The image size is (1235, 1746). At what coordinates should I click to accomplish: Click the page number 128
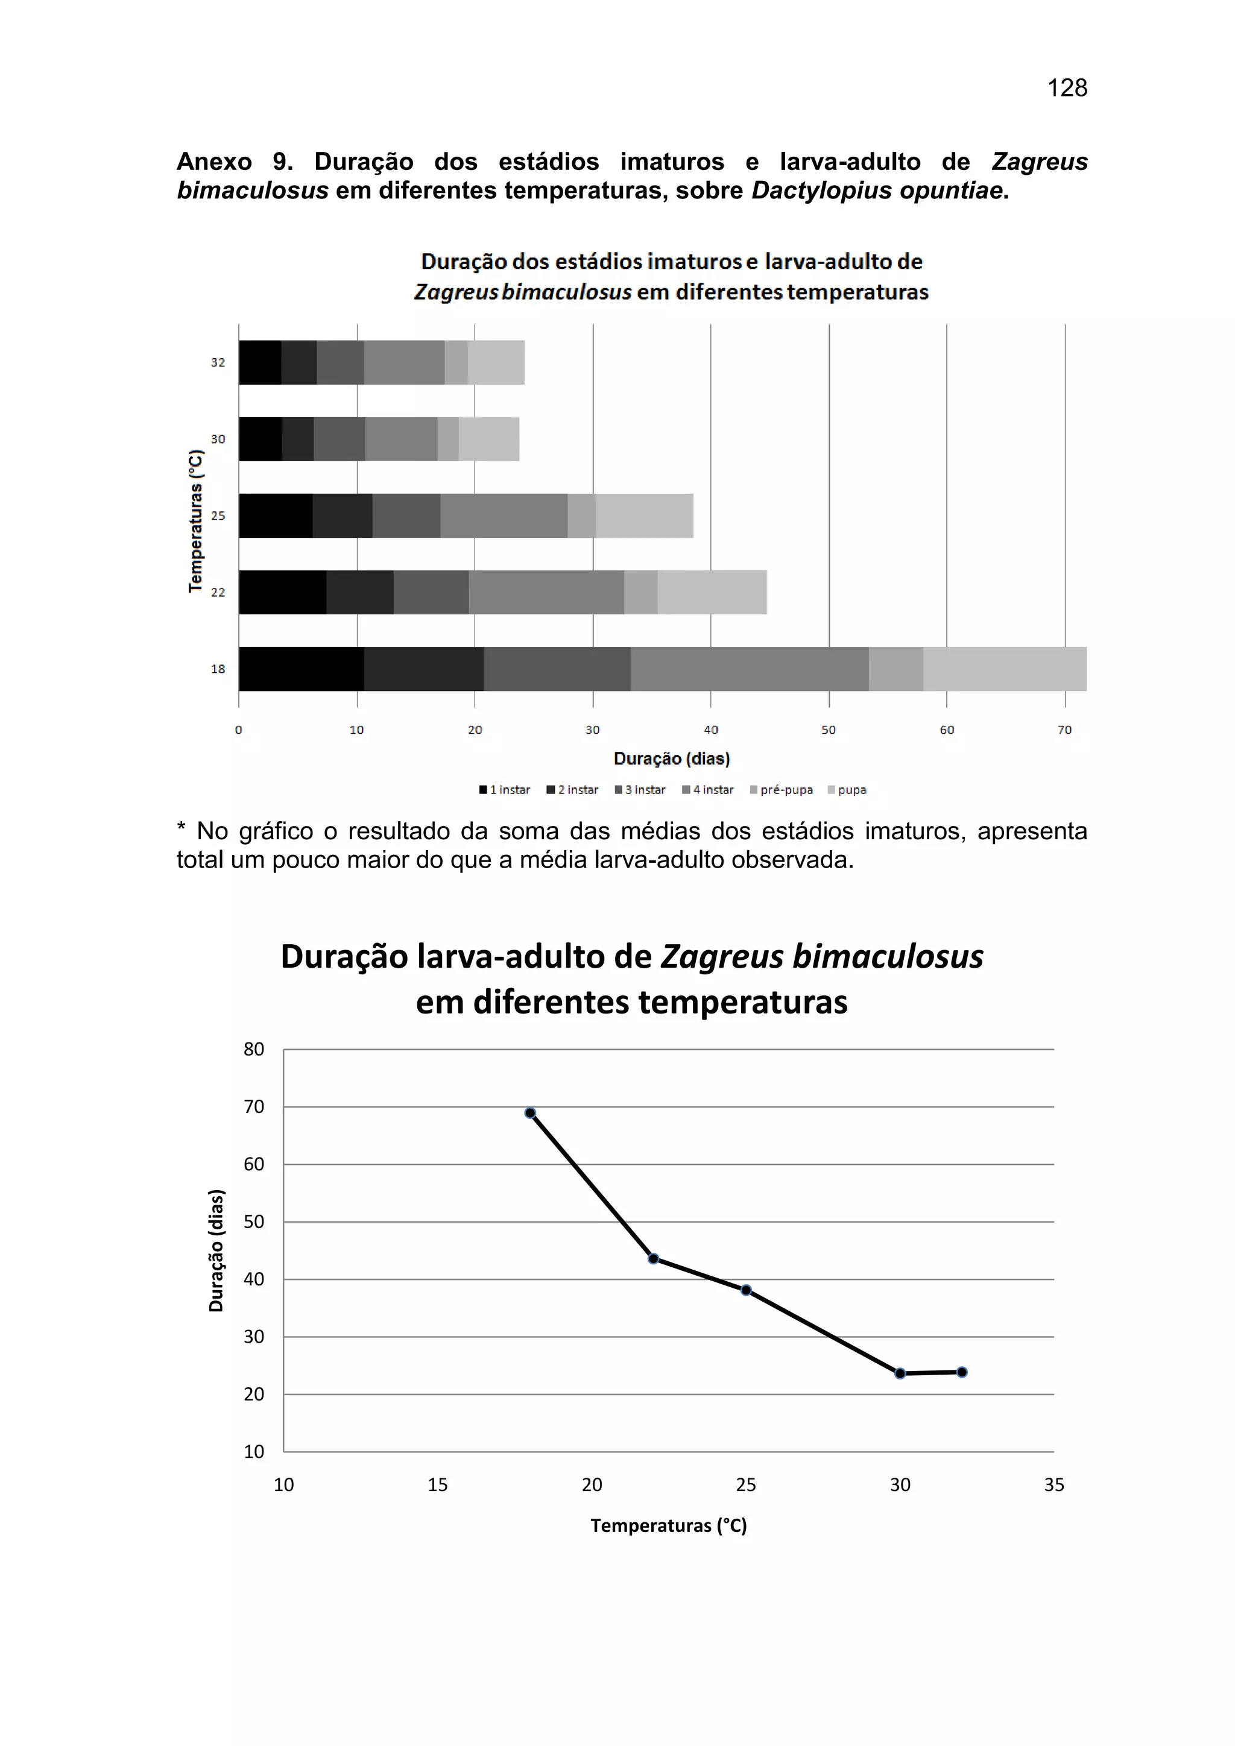(x=1067, y=88)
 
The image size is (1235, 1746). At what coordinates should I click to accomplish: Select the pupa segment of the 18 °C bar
(x=1004, y=669)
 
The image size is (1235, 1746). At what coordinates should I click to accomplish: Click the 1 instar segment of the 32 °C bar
(x=260, y=363)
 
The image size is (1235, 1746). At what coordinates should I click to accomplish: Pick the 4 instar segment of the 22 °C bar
(x=546, y=593)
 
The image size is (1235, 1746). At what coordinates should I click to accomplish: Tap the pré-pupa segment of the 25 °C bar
(x=582, y=515)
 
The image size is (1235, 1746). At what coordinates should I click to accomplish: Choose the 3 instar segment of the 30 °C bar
(x=339, y=439)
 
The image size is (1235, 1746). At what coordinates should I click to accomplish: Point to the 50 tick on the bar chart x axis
(x=828, y=730)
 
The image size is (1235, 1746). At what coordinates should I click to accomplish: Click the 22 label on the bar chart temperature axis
(x=218, y=593)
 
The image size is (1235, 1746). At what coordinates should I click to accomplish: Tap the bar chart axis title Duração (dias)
(x=672, y=758)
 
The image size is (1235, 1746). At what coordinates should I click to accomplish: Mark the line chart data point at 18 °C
(x=530, y=1114)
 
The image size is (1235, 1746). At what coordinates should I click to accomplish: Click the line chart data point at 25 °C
(x=746, y=1290)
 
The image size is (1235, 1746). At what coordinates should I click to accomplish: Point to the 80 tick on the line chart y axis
(x=254, y=1050)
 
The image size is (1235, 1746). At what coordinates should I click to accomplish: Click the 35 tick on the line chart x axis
(x=1054, y=1484)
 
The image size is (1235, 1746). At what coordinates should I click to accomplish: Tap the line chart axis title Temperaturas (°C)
(x=668, y=1525)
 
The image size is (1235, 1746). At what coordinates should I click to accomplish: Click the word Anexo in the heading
(x=215, y=162)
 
